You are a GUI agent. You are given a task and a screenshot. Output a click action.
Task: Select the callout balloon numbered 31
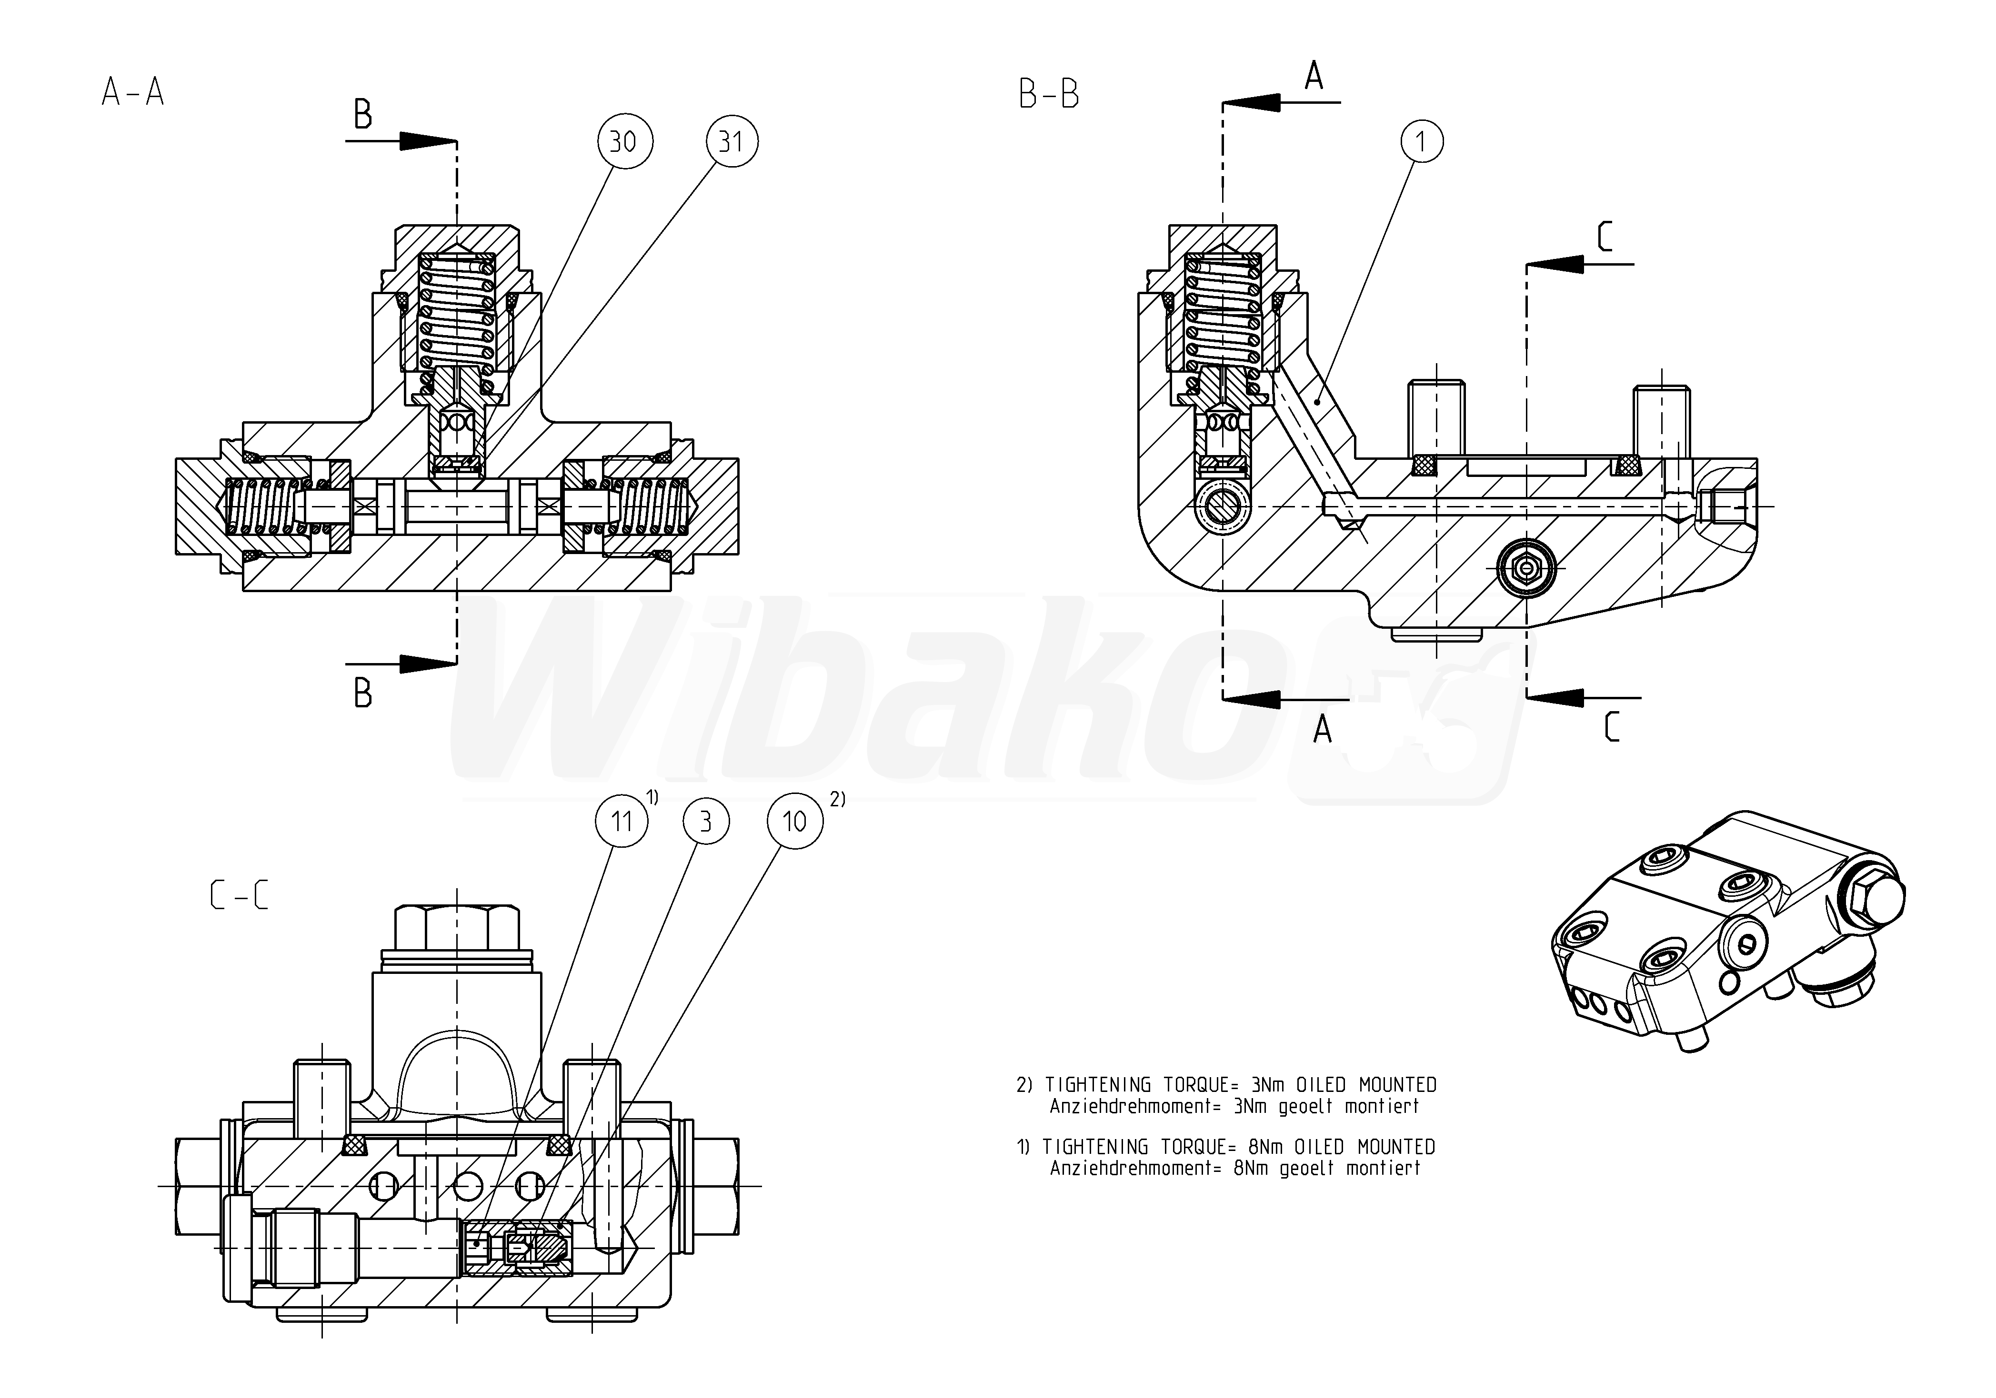(x=731, y=142)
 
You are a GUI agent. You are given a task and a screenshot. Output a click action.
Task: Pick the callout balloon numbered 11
(x=622, y=821)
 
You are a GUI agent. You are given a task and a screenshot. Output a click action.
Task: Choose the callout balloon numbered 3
(x=705, y=821)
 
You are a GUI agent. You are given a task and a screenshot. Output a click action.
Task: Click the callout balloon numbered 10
(x=794, y=821)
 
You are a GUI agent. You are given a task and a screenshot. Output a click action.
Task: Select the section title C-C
(x=239, y=895)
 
